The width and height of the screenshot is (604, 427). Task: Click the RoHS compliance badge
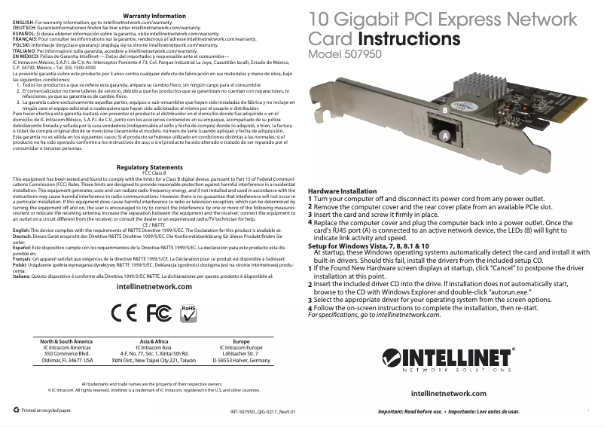click(x=169, y=311)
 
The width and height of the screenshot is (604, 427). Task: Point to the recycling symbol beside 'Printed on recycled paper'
click(x=17, y=410)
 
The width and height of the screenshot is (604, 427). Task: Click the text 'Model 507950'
click(x=345, y=54)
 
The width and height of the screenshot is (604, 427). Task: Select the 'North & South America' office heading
click(x=66, y=341)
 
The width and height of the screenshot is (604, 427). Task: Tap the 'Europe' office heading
click(x=241, y=341)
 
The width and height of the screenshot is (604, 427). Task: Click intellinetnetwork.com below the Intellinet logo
click(x=450, y=393)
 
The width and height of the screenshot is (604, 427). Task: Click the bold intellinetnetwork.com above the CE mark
click(x=154, y=287)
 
